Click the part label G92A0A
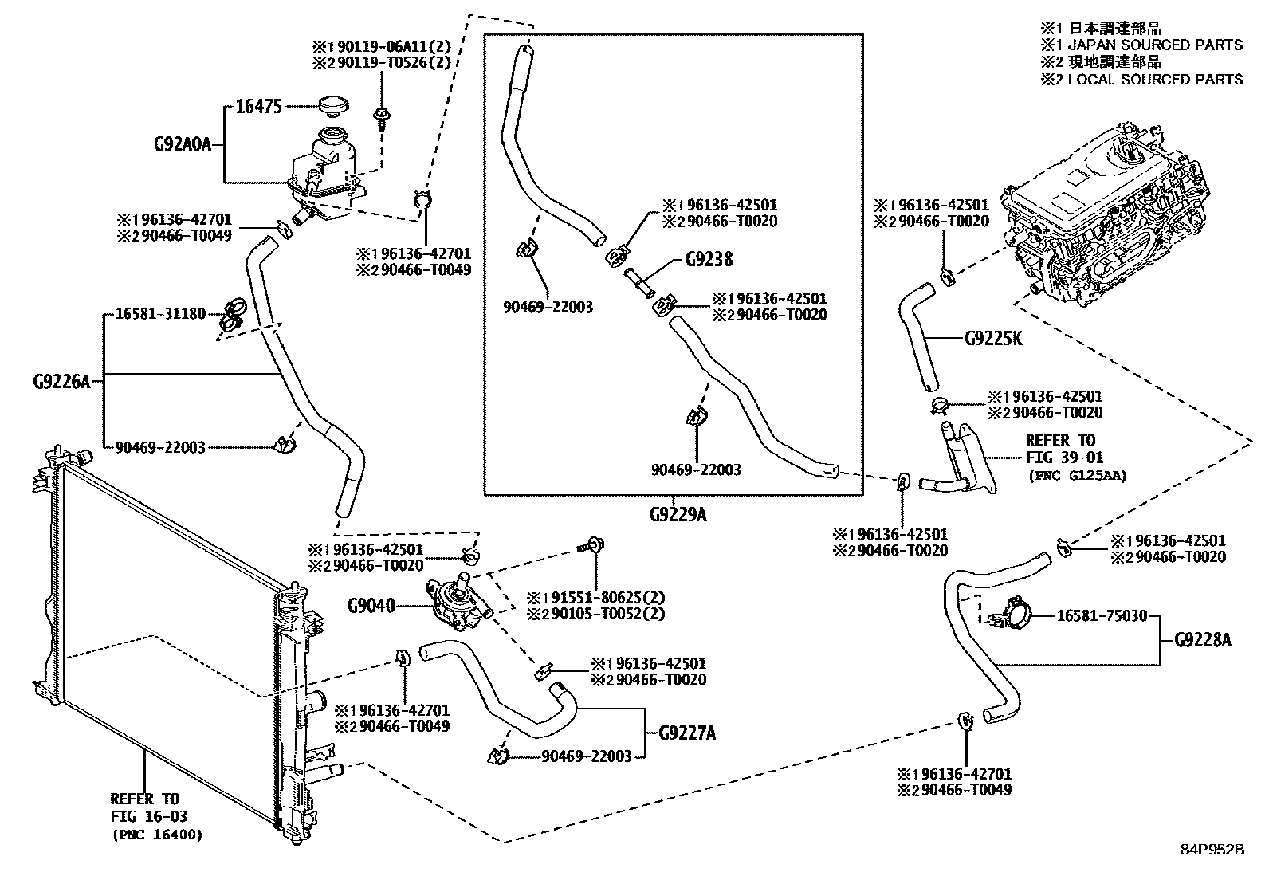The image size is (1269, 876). [x=182, y=144]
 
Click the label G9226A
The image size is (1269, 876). [x=62, y=382]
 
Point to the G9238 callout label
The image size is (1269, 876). [x=709, y=259]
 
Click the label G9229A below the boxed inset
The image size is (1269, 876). [x=678, y=514]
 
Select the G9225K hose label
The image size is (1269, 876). [x=993, y=338]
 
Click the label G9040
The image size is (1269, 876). [x=371, y=606]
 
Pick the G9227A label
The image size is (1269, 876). [x=687, y=733]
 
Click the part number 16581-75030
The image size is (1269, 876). [x=1102, y=615]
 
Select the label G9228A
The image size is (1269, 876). [x=1203, y=639]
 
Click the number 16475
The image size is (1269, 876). [x=259, y=106]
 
